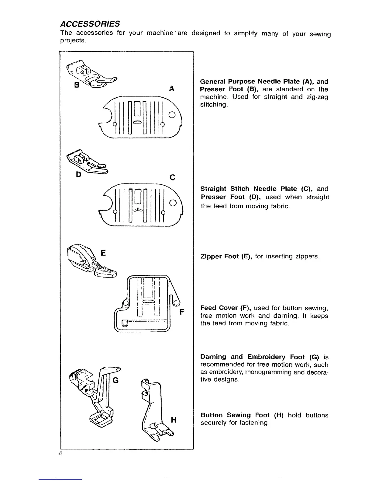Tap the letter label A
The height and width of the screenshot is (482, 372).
coord(172,89)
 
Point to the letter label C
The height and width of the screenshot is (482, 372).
coord(172,177)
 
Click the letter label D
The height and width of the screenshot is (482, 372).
coord(78,175)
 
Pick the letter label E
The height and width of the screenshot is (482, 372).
coord(103,253)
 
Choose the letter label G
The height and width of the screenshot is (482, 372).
coord(115,380)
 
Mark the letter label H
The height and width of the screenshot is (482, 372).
coord(174,420)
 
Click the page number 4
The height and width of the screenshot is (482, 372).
coord(60,453)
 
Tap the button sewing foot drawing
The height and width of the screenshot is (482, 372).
coord(154,411)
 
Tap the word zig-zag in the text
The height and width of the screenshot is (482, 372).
coord(317,97)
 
